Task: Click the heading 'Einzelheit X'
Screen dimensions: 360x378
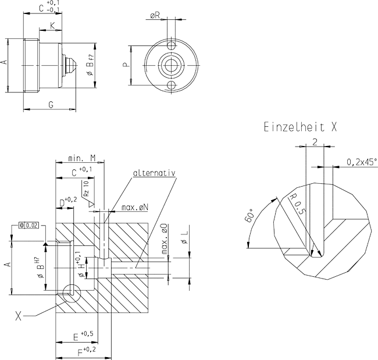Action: point(299,126)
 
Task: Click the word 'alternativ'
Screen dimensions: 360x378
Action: point(154,173)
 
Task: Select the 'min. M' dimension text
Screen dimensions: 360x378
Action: point(81,157)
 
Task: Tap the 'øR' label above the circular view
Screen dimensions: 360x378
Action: point(155,16)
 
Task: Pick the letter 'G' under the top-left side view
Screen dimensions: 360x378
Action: point(51,104)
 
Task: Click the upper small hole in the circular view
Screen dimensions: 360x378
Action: point(171,45)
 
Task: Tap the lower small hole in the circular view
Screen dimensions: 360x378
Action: point(171,85)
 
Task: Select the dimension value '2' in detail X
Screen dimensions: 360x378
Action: point(314,141)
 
